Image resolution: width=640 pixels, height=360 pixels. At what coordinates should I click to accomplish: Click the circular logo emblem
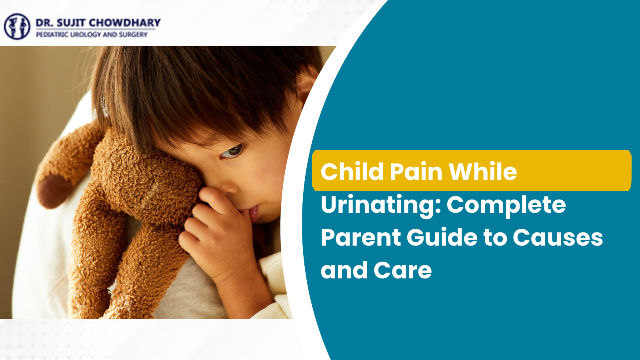click(17, 26)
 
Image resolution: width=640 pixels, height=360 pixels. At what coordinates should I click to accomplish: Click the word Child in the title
click(352, 172)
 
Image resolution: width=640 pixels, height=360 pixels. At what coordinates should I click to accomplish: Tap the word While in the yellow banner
click(483, 172)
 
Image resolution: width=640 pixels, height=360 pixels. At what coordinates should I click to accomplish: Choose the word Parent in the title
click(361, 238)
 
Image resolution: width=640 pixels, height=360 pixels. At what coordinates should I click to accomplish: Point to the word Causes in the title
click(558, 238)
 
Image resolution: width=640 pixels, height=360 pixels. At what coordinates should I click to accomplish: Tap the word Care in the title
click(402, 270)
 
